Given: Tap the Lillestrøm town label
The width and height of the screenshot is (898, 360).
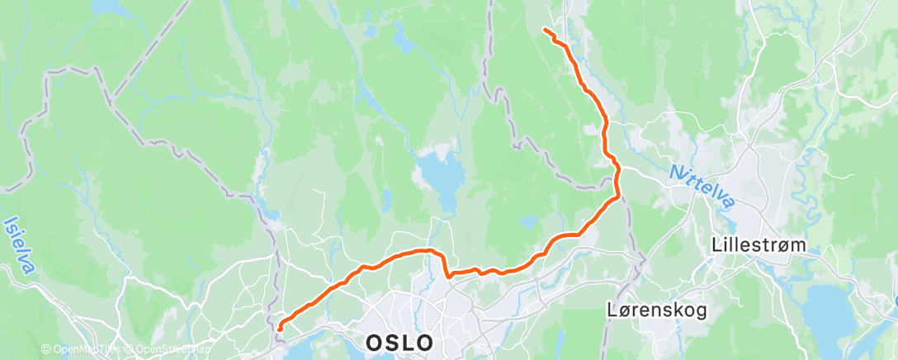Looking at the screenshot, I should point(759,245).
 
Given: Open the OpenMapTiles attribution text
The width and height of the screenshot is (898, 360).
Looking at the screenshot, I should point(83,350).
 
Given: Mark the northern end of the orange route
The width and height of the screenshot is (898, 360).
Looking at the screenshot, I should point(545,31).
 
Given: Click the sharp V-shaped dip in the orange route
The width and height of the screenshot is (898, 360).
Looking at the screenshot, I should point(447,275).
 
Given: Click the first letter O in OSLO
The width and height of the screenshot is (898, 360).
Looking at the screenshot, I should point(372,341).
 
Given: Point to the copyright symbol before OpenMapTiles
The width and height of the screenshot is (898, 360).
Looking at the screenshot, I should point(45,350).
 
